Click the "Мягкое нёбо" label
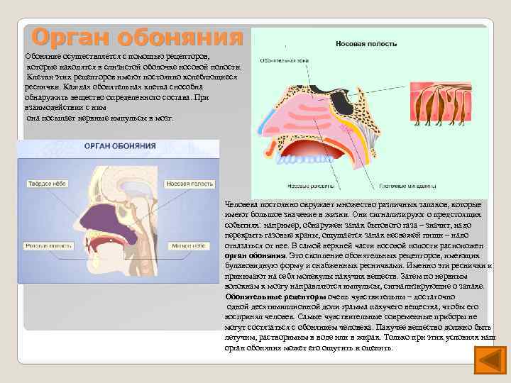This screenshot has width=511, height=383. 187,246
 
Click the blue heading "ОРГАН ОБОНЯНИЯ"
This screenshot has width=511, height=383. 121,146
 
